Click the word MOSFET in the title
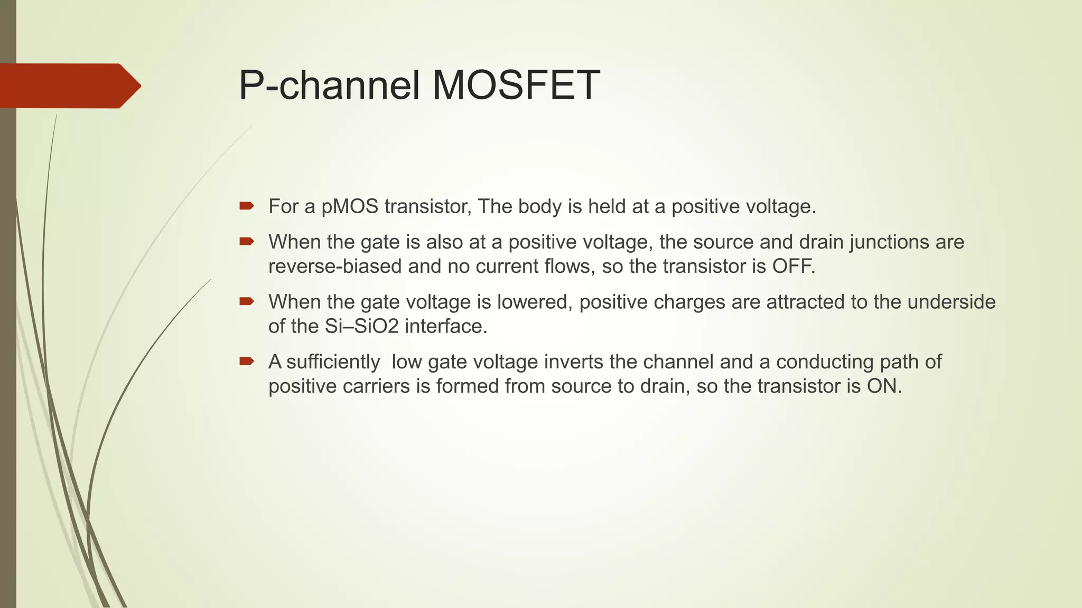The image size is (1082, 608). point(516,85)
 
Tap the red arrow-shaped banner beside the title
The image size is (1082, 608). point(69,85)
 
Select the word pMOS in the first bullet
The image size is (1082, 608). point(350,206)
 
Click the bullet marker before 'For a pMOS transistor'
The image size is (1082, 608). point(247,205)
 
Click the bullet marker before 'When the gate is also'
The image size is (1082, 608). point(247,241)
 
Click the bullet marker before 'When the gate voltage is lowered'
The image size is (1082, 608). point(247,301)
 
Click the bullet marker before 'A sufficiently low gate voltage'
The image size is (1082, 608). point(247,361)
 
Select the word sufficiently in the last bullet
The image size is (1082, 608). point(333,363)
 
